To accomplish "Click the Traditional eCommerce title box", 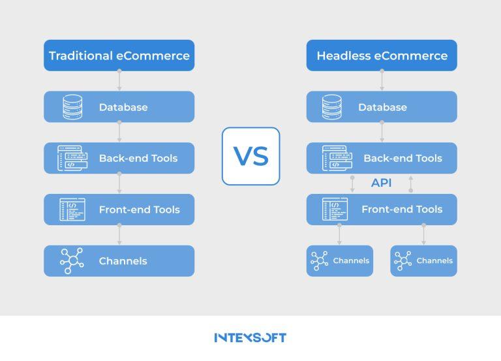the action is (x=119, y=55).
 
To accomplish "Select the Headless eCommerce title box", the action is (x=382, y=55).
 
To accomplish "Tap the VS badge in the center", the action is (x=250, y=156).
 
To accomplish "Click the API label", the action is (x=381, y=183).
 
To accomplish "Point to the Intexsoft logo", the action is (x=250, y=337).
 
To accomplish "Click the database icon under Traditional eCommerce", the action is (x=72, y=107).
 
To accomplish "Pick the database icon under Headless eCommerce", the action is (x=331, y=107).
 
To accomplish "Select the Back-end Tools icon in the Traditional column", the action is (x=72, y=158).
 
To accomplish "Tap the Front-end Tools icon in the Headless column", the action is (x=335, y=209).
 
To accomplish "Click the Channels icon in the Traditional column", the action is (x=72, y=260).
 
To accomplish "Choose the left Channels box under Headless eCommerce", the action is (x=340, y=260).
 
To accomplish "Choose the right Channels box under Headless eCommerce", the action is (x=423, y=260).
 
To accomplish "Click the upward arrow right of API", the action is (x=411, y=184).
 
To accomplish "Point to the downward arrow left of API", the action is (x=352, y=184).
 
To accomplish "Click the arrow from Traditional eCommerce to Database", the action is (x=119, y=80).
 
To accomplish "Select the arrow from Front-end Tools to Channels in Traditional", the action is (x=119, y=234).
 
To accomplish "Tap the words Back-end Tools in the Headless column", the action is (x=403, y=158).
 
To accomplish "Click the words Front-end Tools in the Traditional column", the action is (x=140, y=210).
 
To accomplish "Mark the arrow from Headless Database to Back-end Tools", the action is (x=382, y=131).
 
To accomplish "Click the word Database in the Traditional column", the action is (x=123, y=107).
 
